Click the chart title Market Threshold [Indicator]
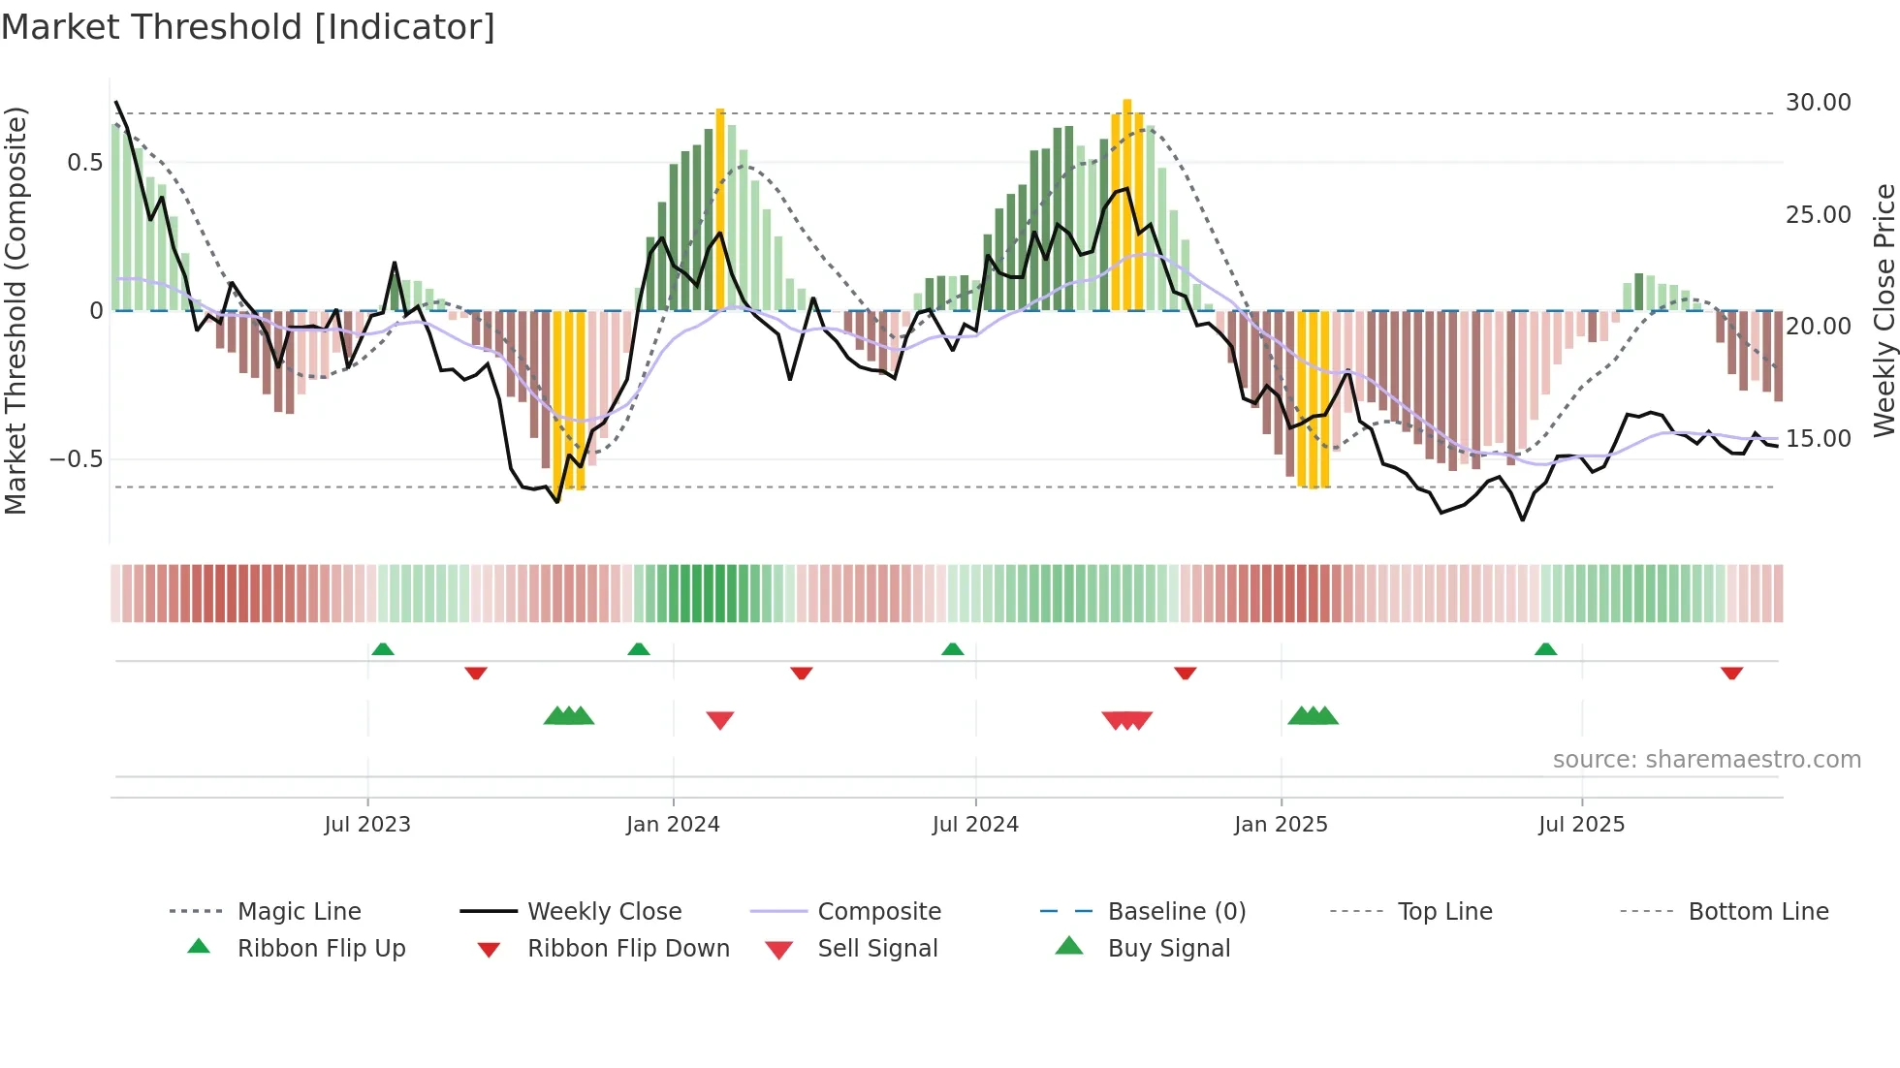(x=248, y=27)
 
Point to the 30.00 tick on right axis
(x=1818, y=103)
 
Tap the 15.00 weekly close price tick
(x=1818, y=439)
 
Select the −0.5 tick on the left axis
(x=77, y=458)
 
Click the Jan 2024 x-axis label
(x=673, y=825)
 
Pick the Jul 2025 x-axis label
(x=1581, y=825)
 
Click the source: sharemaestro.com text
(x=1706, y=760)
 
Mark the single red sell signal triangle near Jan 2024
(x=720, y=720)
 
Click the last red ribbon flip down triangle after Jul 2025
(x=1732, y=674)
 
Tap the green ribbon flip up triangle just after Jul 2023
(x=383, y=649)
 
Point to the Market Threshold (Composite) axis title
(x=16, y=310)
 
